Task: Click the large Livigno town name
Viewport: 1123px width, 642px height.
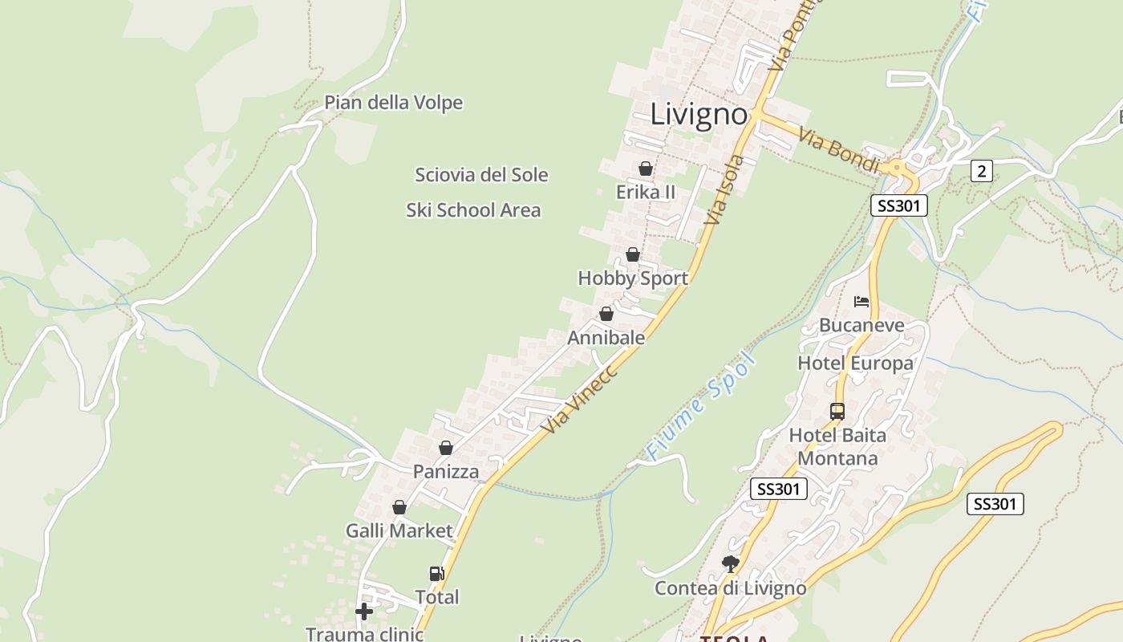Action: pyautogui.click(x=698, y=114)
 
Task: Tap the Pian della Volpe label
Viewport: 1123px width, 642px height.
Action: pyautogui.click(x=393, y=103)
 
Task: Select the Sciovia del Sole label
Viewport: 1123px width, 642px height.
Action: pyautogui.click(x=481, y=175)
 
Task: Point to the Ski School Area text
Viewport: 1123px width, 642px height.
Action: pyautogui.click(x=473, y=210)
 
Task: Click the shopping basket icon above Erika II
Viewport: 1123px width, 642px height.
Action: pyautogui.click(x=646, y=169)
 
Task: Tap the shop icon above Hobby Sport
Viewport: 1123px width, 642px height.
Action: pyautogui.click(x=633, y=254)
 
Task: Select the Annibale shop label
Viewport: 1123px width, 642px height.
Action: pyautogui.click(x=606, y=338)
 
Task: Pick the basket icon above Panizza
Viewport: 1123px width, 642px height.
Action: pyautogui.click(x=446, y=448)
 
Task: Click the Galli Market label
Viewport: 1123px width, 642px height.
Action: pyautogui.click(x=399, y=530)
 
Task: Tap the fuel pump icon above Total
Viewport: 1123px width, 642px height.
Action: pyautogui.click(x=436, y=573)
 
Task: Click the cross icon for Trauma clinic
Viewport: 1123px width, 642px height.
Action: pyautogui.click(x=364, y=612)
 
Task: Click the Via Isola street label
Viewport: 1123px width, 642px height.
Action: pyautogui.click(x=724, y=190)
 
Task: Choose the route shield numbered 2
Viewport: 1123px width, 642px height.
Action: pyautogui.click(x=981, y=170)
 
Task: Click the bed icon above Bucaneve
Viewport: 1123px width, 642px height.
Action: pyautogui.click(x=862, y=302)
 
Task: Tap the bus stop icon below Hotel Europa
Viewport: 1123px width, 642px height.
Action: pyautogui.click(x=837, y=412)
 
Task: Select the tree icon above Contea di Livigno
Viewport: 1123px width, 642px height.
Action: pyautogui.click(x=730, y=563)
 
